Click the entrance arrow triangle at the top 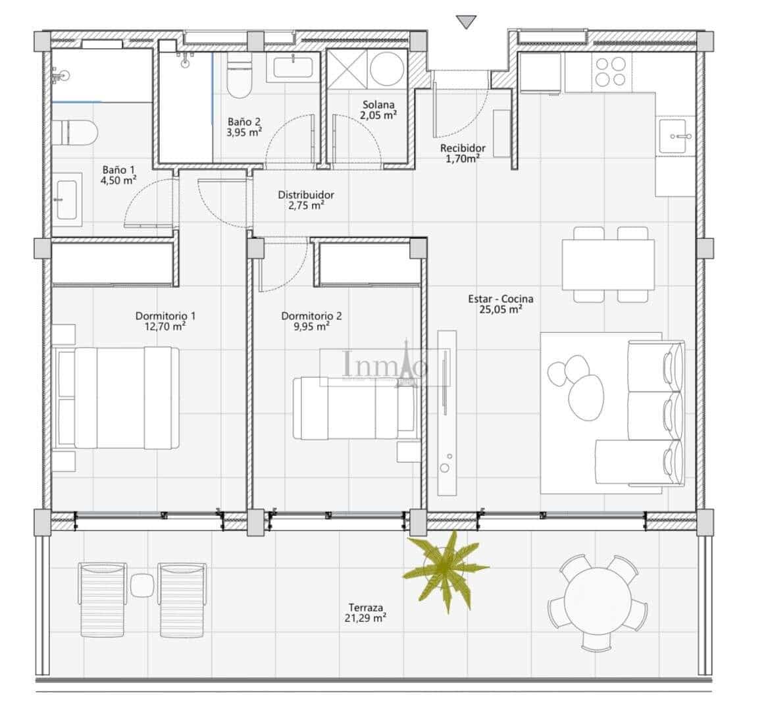point(466,22)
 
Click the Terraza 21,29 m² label point(366,613)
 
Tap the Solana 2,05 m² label point(378,109)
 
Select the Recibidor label point(463,148)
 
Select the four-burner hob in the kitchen point(609,72)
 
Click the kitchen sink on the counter point(676,136)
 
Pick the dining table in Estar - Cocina point(607,265)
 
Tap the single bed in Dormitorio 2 point(355,407)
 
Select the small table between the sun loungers point(141,584)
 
